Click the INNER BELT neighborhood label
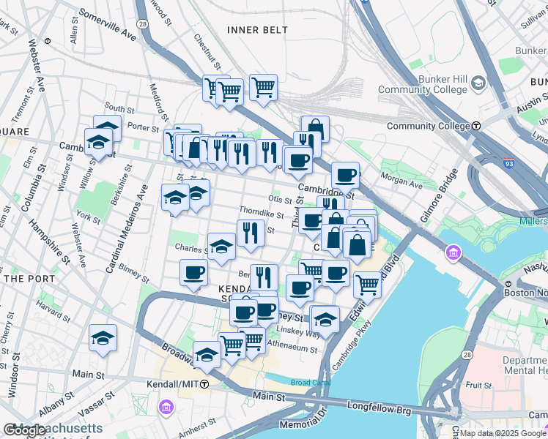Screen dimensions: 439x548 [x=257, y=30]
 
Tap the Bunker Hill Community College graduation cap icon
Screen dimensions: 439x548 [x=479, y=83]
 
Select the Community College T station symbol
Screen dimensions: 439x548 [x=477, y=126]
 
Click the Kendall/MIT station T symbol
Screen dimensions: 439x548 [x=205, y=384]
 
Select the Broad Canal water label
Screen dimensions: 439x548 [x=306, y=382]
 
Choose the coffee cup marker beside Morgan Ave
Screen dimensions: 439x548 [x=345, y=176]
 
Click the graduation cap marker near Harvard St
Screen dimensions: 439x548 [x=103, y=338]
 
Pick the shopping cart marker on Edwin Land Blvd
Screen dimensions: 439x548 [x=367, y=285]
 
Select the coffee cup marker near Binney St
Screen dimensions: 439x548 [x=194, y=273]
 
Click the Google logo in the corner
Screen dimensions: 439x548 [x=24, y=431]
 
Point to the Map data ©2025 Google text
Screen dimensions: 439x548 [x=502, y=433]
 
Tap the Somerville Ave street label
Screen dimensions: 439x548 [x=107, y=23]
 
